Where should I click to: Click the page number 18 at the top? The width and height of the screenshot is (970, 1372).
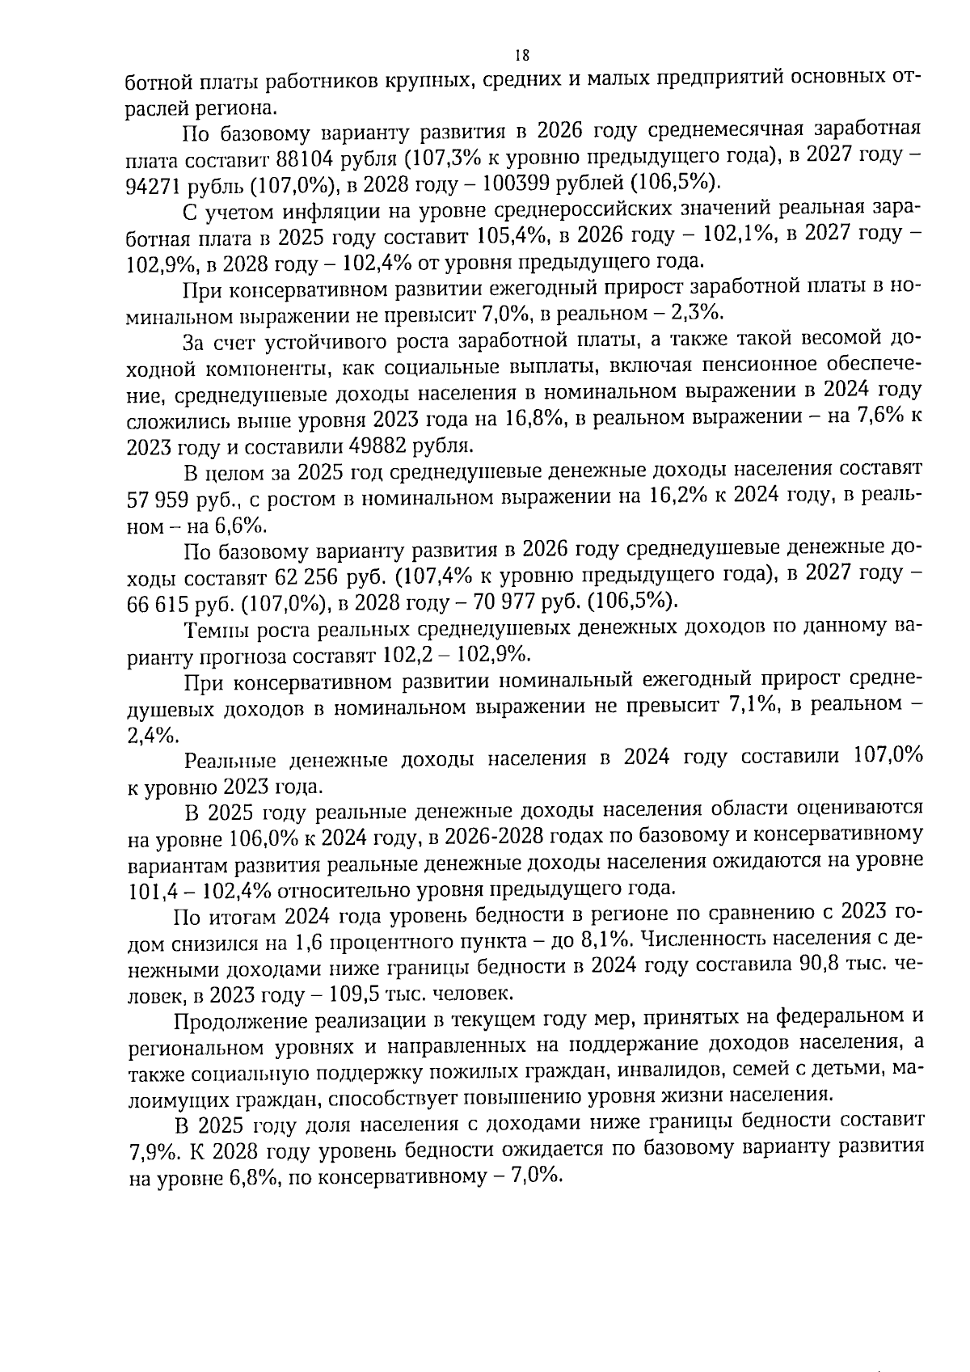click(x=521, y=55)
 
